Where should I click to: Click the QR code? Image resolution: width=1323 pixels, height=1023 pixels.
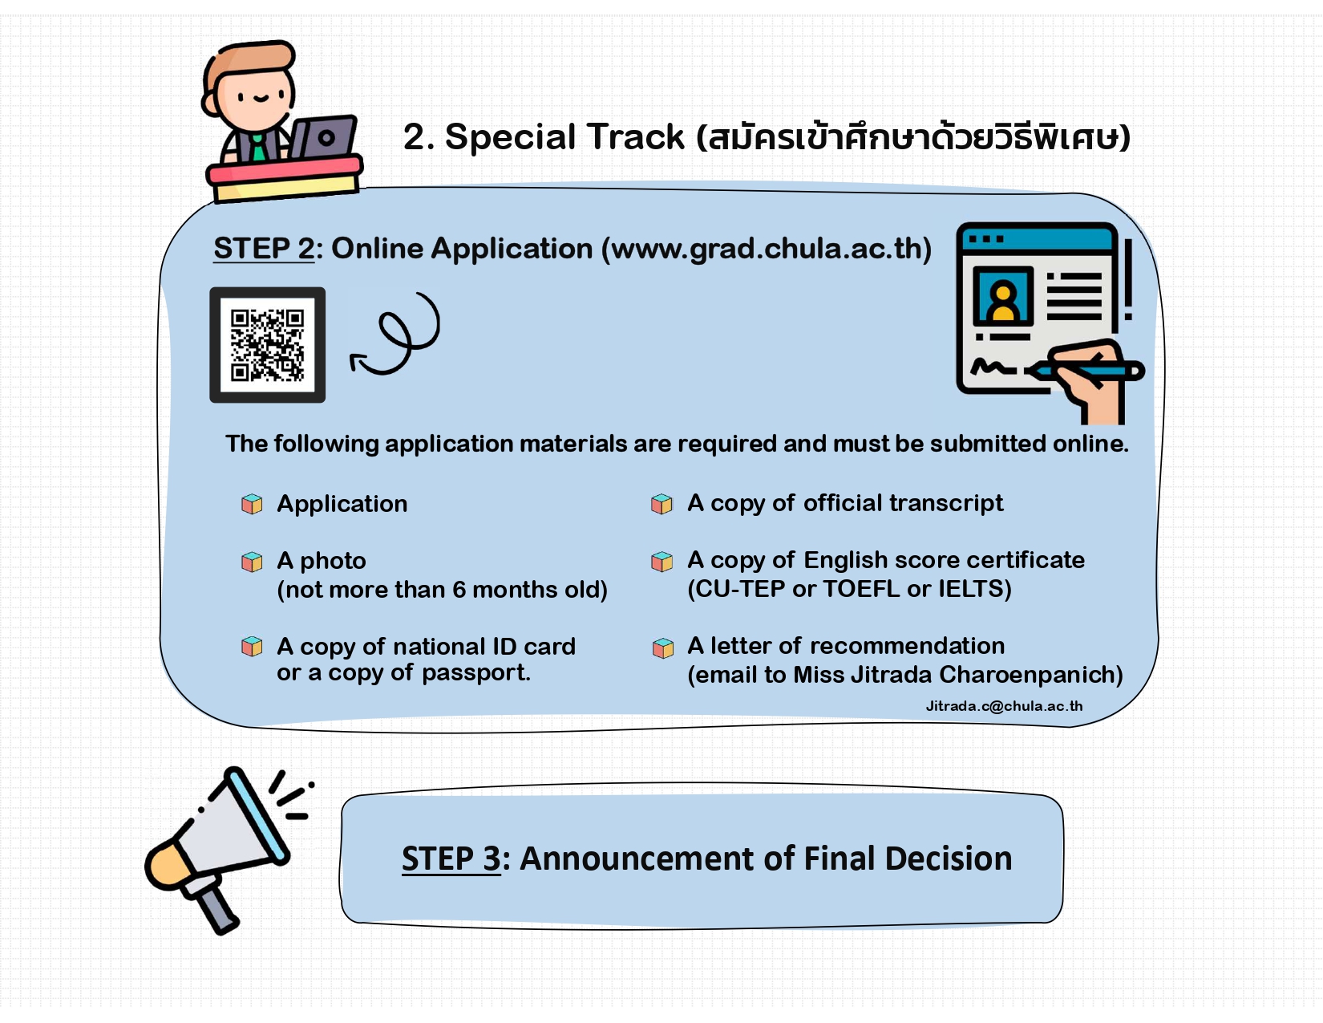click(267, 345)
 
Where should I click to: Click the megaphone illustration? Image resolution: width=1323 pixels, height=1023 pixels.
click(225, 850)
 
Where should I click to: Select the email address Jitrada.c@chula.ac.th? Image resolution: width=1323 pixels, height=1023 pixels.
click(1004, 706)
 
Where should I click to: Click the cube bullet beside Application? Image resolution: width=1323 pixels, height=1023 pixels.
click(252, 505)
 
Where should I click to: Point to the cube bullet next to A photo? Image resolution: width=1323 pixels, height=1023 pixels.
click(252, 562)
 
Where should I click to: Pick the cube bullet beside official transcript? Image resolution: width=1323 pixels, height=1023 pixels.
click(661, 504)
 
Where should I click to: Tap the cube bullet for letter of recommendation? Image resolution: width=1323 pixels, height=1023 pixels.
click(663, 648)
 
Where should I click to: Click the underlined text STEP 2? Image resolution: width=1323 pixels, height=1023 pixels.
click(264, 249)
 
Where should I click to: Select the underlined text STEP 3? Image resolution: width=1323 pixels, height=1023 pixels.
click(451, 859)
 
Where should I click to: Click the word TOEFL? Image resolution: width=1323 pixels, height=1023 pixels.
click(861, 589)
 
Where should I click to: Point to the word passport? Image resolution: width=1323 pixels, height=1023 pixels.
click(476, 673)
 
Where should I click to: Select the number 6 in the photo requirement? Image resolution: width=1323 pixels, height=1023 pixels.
click(459, 590)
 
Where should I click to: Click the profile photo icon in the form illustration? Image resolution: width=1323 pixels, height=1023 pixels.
click(1003, 296)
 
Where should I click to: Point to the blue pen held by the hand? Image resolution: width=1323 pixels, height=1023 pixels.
click(1085, 370)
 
